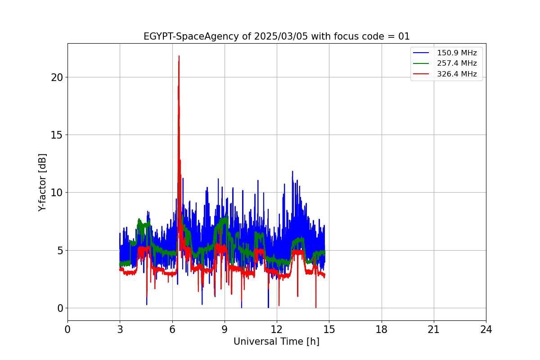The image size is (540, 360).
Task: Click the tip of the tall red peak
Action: click(x=179, y=56)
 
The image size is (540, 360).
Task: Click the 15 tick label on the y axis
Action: click(x=57, y=135)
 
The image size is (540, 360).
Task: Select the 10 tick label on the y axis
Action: click(x=57, y=193)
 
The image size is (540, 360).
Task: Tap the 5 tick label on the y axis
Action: click(x=59, y=250)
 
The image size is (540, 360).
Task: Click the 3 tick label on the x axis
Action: click(x=120, y=330)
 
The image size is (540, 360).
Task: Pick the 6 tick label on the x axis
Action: click(x=172, y=330)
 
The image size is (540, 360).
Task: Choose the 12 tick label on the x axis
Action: click(x=277, y=330)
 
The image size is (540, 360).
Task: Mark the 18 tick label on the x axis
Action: click(x=382, y=330)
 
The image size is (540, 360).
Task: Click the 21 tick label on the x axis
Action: click(x=434, y=330)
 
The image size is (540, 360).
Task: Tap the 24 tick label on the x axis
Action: click(x=486, y=330)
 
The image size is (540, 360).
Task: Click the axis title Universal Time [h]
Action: click(x=276, y=342)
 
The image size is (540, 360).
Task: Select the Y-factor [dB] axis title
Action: click(x=42, y=182)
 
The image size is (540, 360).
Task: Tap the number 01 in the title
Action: click(x=404, y=36)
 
